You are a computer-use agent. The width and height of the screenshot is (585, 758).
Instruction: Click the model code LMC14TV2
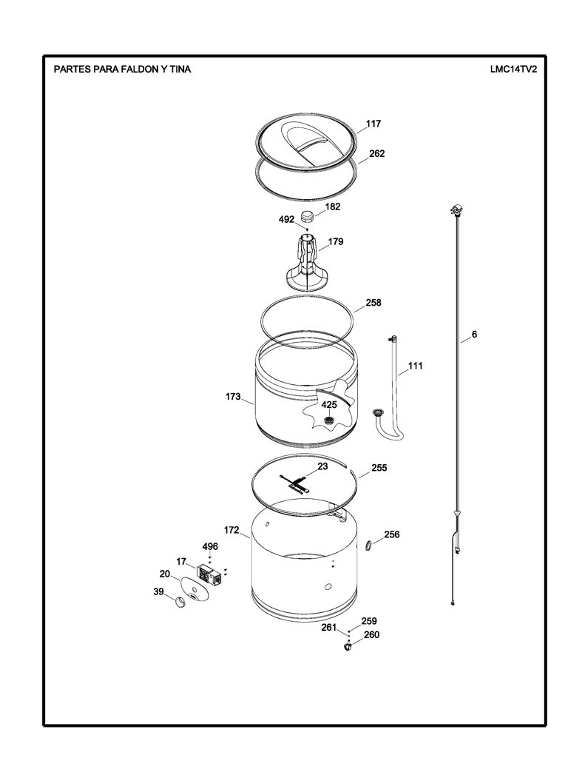click(513, 69)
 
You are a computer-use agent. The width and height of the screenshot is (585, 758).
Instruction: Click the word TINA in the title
click(180, 69)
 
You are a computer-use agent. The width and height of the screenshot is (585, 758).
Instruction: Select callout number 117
click(373, 124)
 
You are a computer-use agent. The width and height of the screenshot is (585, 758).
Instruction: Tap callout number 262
click(376, 153)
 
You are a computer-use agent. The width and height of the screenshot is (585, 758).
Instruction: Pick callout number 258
click(373, 303)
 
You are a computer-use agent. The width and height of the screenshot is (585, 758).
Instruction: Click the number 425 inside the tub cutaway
click(329, 405)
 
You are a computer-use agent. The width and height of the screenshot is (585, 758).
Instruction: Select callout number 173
click(233, 397)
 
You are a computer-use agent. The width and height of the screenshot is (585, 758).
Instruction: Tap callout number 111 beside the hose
click(415, 366)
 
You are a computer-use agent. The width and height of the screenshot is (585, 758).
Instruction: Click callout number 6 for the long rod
click(474, 334)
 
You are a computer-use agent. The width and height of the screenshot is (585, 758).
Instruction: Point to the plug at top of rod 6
click(457, 210)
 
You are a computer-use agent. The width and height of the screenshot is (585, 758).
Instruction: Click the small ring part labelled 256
click(369, 546)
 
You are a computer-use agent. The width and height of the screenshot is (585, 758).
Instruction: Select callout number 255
click(379, 468)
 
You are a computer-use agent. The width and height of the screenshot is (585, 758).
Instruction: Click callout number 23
click(322, 466)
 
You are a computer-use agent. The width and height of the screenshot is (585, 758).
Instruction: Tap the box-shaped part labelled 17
click(210, 574)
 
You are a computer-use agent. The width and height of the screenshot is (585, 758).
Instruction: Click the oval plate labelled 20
click(195, 588)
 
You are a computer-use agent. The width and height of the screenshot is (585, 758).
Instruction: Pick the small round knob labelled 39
click(180, 602)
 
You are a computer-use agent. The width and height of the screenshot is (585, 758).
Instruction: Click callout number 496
click(210, 546)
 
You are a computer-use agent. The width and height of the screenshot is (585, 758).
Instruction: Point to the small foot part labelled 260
click(347, 646)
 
